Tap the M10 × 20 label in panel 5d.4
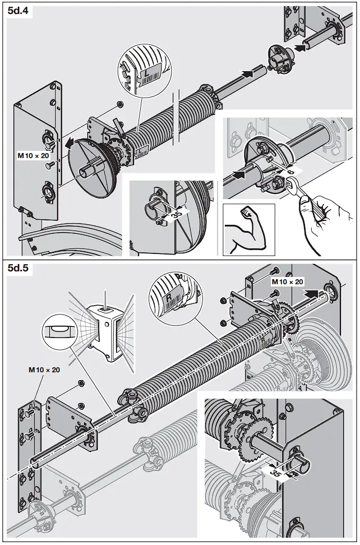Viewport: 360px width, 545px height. [33, 155]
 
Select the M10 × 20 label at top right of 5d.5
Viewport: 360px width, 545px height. [287, 281]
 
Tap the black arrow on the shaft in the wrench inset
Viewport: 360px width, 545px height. [238, 175]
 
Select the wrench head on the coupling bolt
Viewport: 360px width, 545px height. [291, 186]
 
